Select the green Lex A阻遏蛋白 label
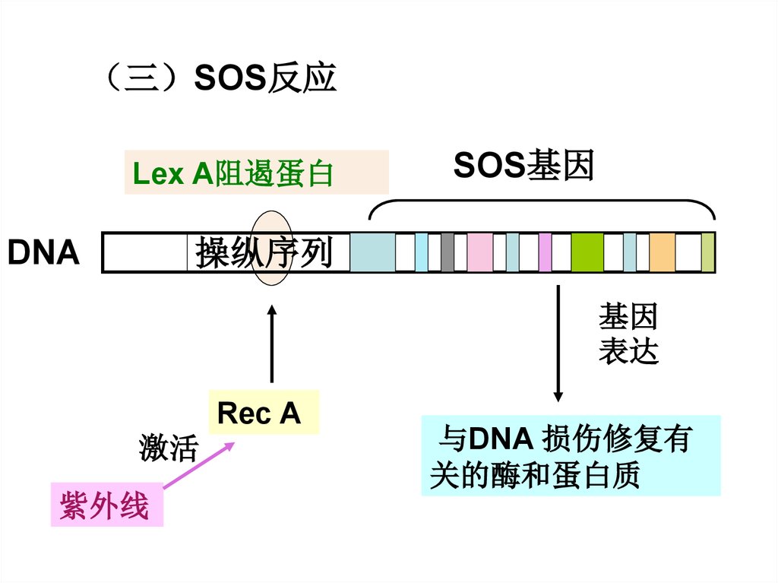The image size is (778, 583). click(x=233, y=174)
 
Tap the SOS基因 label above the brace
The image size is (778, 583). click(x=523, y=166)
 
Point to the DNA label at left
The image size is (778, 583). click(x=43, y=253)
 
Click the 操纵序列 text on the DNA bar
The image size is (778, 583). click(x=264, y=252)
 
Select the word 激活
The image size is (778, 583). click(x=168, y=448)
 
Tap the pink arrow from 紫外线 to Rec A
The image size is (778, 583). click(x=199, y=467)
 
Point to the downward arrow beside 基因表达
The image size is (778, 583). click(x=558, y=342)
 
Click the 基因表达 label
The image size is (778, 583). click(x=628, y=334)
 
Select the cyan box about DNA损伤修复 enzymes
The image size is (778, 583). click(x=571, y=455)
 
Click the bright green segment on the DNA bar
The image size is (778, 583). click(x=587, y=252)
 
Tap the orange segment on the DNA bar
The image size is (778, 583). click(x=663, y=252)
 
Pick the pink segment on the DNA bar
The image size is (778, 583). click(x=479, y=252)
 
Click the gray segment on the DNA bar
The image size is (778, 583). click(x=448, y=252)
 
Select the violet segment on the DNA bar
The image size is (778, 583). click(x=545, y=252)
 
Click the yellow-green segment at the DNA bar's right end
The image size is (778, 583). click(x=708, y=252)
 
